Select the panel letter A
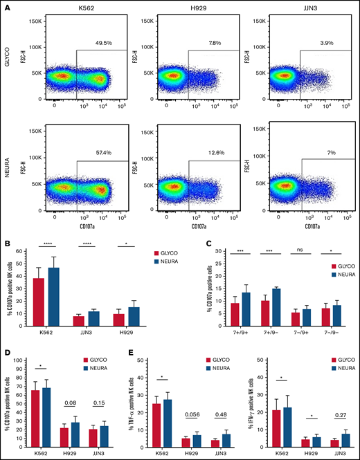(6, 6)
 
